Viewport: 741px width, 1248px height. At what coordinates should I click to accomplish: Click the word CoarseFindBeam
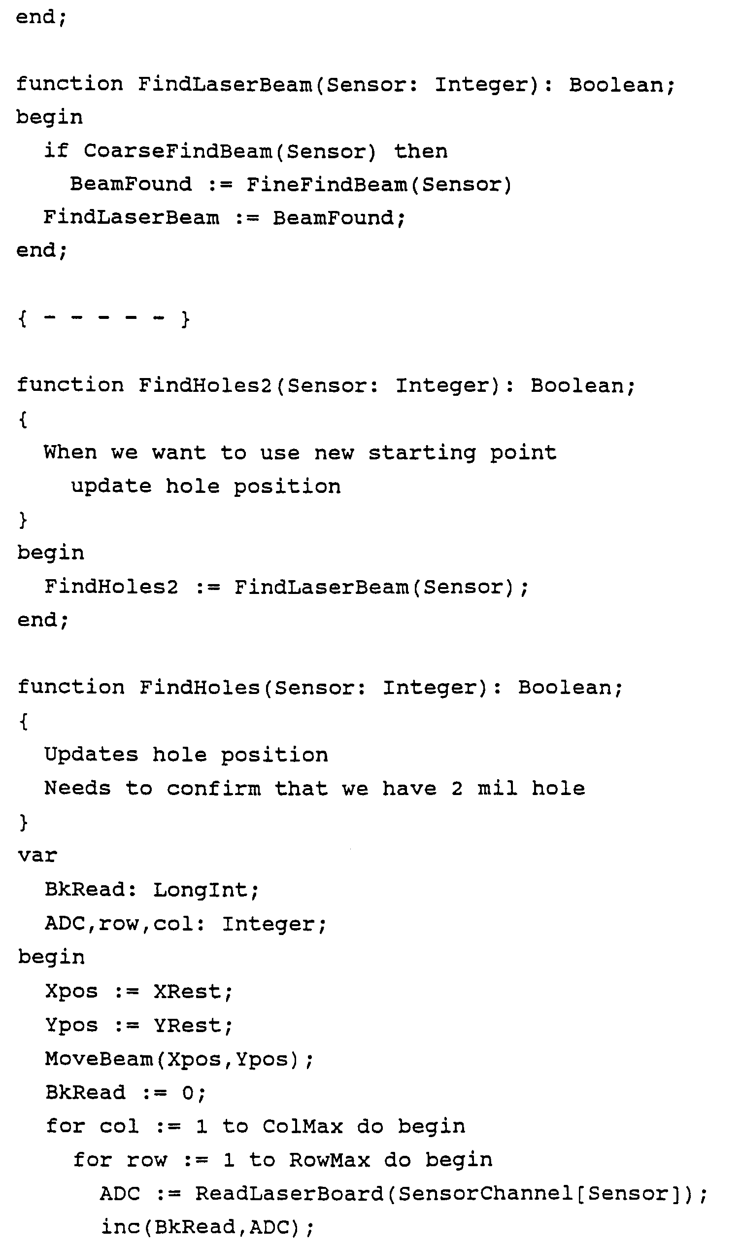tap(178, 151)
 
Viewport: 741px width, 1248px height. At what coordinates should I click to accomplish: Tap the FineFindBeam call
tap(327, 184)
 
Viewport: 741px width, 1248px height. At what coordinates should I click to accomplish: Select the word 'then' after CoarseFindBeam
tap(420, 151)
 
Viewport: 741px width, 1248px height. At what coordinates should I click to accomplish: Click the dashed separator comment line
tap(103, 318)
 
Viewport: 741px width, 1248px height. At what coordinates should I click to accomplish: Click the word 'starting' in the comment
tap(422, 453)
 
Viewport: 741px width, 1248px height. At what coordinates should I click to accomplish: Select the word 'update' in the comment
tap(111, 486)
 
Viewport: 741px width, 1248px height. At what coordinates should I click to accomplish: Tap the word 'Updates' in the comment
tap(91, 755)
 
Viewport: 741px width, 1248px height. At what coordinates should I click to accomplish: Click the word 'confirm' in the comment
tap(213, 789)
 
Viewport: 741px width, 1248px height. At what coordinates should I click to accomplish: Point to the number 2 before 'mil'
tap(456, 789)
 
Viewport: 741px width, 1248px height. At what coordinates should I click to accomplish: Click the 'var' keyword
tap(37, 856)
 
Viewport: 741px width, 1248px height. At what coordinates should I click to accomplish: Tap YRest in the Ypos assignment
tap(187, 1025)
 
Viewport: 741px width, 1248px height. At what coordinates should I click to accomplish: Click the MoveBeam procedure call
tap(99, 1059)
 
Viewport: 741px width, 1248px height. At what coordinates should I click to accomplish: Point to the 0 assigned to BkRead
tap(188, 1093)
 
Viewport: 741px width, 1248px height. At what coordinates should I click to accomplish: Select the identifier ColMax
tap(303, 1127)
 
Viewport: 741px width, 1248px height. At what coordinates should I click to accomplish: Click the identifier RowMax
tap(330, 1160)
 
